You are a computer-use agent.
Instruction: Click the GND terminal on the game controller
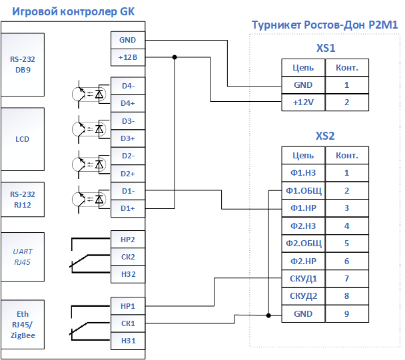(x=128, y=40)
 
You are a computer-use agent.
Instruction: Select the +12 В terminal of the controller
(x=128, y=57)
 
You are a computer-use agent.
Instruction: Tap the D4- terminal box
(x=128, y=86)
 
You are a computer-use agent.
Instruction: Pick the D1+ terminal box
(x=128, y=208)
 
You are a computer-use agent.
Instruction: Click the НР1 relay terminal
(x=128, y=306)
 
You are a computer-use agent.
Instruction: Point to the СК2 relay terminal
(x=128, y=257)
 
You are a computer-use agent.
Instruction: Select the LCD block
(x=23, y=139)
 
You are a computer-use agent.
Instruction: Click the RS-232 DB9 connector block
(x=23, y=65)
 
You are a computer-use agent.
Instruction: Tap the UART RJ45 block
(x=23, y=257)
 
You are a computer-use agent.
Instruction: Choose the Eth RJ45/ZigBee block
(x=23, y=324)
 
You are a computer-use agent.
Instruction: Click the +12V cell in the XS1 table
(x=303, y=102)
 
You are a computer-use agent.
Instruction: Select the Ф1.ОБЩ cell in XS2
(x=303, y=191)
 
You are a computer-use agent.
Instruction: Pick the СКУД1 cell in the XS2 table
(x=303, y=279)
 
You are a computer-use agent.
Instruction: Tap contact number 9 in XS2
(x=347, y=314)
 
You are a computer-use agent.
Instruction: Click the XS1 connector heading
(x=326, y=48)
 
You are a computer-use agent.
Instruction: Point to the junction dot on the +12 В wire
(x=175, y=57)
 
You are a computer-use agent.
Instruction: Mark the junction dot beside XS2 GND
(x=268, y=315)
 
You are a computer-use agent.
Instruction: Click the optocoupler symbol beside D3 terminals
(x=89, y=129)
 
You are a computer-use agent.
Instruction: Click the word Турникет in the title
(x=276, y=25)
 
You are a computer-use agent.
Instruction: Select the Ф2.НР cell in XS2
(x=303, y=261)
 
